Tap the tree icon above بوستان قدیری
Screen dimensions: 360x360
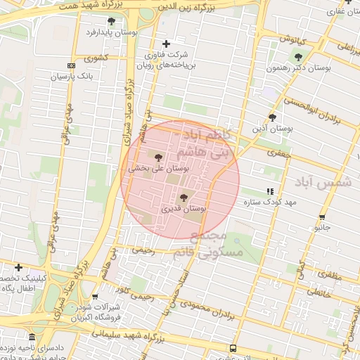184,198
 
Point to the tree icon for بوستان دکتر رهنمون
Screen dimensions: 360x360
298,57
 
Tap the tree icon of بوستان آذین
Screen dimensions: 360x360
272,117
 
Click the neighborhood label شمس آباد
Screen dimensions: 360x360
325,181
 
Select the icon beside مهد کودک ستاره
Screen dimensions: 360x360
270,191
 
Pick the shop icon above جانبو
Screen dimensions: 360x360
322,217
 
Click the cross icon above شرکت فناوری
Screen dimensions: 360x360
166,44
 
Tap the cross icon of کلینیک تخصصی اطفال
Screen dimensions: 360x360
18,267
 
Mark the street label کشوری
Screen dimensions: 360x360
96,59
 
